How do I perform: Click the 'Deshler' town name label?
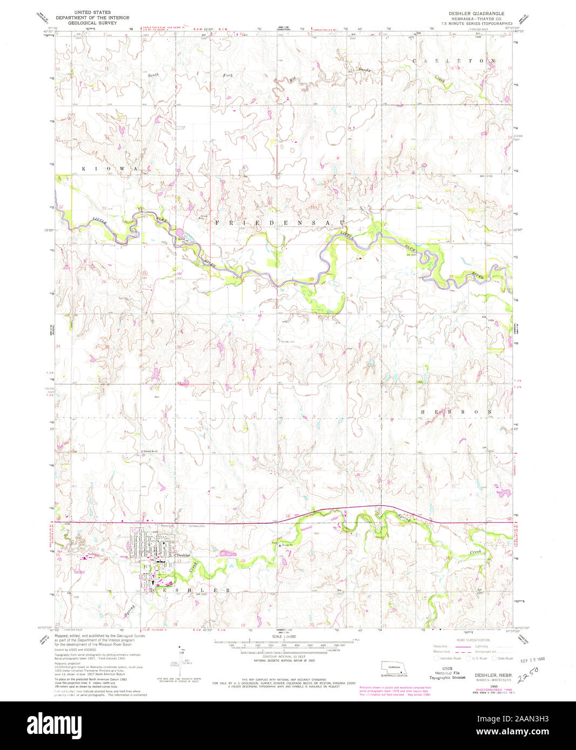coord(184,555)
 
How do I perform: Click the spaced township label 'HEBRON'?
coord(456,412)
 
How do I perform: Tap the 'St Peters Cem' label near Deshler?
coord(198,526)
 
